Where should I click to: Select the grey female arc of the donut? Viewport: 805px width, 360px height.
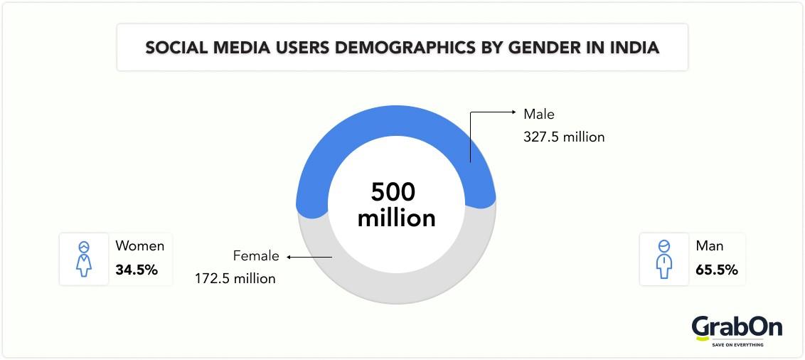[396, 291]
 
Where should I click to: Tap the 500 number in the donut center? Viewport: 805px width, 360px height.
[393, 192]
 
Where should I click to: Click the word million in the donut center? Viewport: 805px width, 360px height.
[396, 218]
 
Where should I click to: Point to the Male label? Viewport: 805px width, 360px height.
[538, 114]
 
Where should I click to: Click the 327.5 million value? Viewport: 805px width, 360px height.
[564, 137]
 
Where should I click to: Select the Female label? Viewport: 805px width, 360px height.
[256, 256]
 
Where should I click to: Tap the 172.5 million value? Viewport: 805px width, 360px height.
[235, 278]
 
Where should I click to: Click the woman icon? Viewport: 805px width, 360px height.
[85, 259]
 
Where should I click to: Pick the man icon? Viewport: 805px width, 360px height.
[664, 259]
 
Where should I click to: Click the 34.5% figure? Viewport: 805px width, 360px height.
[137, 270]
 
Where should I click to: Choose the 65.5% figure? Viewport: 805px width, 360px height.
[717, 270]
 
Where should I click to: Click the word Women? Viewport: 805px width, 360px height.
[140, 246]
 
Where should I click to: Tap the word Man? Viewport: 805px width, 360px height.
[710, 246]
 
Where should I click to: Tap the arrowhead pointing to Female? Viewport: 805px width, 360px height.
[290, 256]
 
